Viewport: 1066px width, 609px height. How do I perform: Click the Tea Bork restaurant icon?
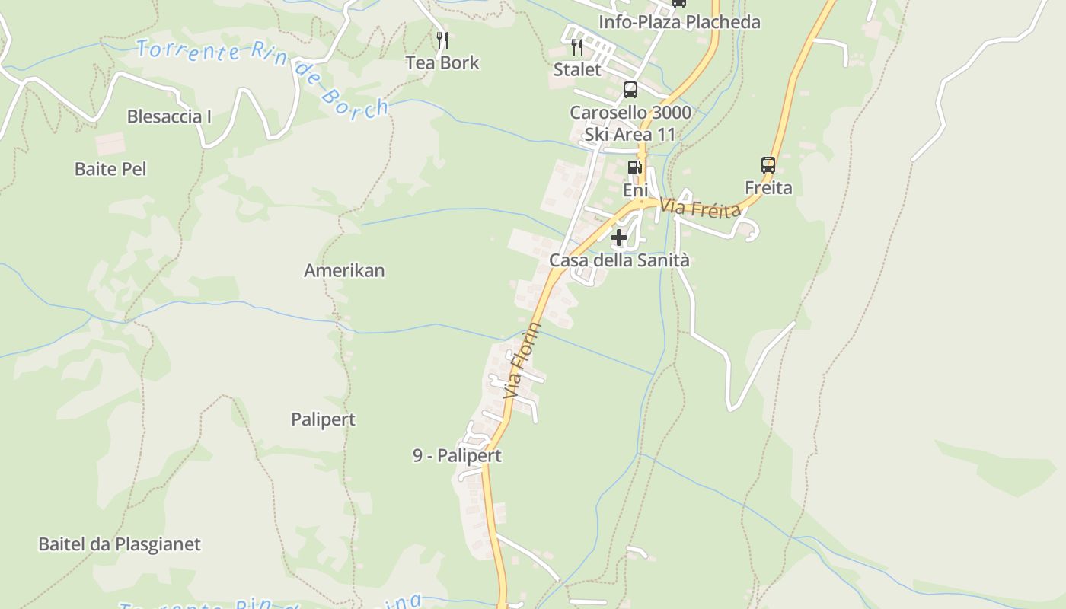pyautogui.click(x=442, y=40)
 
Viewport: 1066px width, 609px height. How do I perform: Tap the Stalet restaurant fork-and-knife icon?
pyautogui.click(x=577, y=47)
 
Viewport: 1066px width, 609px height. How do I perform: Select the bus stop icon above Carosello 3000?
pyautogui.click(x=630, y=90)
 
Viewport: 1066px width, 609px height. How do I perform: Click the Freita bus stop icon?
pyautogui.click(x=768, y=164)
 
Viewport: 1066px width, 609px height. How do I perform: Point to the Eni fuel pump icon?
pyautogui.click(x=634, y=167)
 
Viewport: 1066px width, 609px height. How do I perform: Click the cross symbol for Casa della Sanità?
pyautogui.click(x=619, y=238)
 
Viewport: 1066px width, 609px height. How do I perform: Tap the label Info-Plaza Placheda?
pyautogui.click(x=679, y=22)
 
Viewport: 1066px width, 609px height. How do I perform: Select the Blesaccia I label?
pyautogui.click(x=169, y=116)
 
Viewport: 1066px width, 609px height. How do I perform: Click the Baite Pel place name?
pyautogui.click(x=110, y=169)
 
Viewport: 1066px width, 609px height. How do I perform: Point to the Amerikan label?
pyautogui.click(x=344, y=270)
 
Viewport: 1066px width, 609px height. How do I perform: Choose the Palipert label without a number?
pyautogui.click(x=323, y=419)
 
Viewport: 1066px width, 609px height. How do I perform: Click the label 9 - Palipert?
pyautogui.click(x=457, y=456)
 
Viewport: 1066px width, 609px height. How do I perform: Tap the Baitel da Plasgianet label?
pyautogui.click(x=120, y=544)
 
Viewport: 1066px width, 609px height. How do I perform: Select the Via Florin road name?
pyautogui.click(x=523, y=361)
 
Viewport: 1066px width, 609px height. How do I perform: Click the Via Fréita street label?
pyautogui.click(x=700, y=208)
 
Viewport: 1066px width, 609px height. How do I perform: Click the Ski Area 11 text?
pyautogui.click(x=630, y=135)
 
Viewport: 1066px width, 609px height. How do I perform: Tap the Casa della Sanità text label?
pyautogui.click(x=619, y=260)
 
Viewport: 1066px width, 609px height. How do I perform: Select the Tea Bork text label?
pyautogui.click(x=442, y=62)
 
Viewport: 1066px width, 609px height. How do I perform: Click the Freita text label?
pyautogui.click(x=768, y=187)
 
